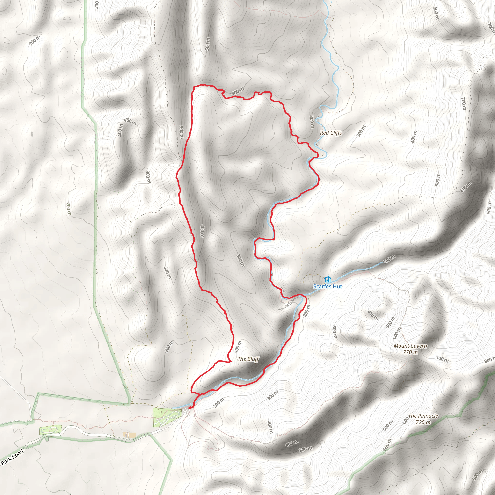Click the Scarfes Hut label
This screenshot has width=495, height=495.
coord(327,286)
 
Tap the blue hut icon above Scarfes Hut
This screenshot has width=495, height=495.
coord(327,279)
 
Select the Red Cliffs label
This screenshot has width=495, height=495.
coord(331,133)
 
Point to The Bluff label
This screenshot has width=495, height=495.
coord(248,359)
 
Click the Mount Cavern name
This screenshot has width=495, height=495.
coord(410,346)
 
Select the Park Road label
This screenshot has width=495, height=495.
coord(12,457)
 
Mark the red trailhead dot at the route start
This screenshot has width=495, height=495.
coord(190,408)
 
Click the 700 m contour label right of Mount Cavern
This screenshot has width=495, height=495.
coord(442,359)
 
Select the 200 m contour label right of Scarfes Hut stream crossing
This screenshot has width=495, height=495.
coord(306,311)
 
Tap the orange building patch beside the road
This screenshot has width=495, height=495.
coord(129,435)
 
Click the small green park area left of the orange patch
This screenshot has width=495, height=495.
coord(50,429)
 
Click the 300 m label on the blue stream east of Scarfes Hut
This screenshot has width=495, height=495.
coord(389,259)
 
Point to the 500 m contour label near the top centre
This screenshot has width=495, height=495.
coord(208,44)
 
